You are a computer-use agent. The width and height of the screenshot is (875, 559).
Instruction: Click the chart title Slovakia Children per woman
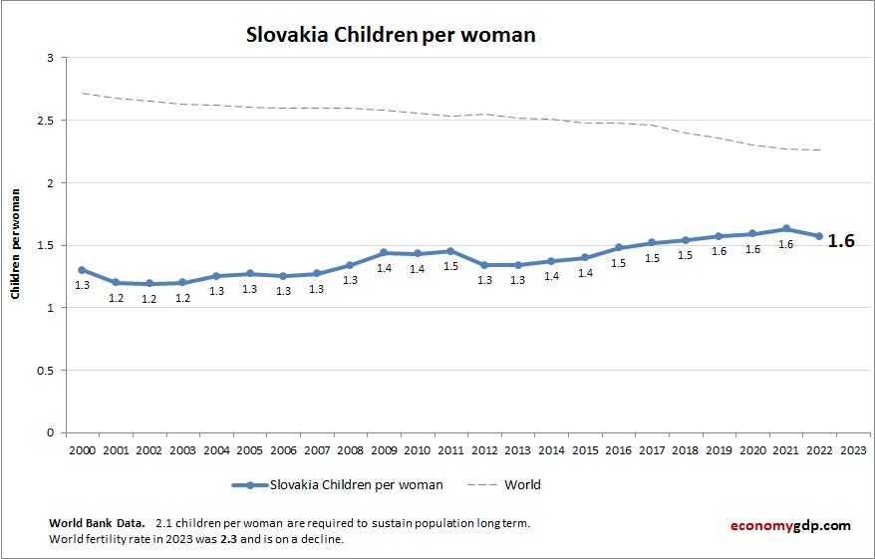point(391,35)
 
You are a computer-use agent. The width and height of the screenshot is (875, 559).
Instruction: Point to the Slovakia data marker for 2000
point(82,270)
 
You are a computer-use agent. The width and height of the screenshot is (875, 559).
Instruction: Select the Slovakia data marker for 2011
point(450,251)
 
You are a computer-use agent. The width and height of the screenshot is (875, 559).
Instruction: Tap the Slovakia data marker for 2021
point(786,229)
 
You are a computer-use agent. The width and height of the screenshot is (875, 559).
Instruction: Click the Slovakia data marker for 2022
point(819,236)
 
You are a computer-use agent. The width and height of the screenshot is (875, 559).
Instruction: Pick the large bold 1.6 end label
point(841,241)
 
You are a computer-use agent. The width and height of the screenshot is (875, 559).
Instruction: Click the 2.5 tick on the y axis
point(46,121)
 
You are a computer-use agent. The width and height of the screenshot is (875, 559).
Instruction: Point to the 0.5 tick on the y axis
point(46,371)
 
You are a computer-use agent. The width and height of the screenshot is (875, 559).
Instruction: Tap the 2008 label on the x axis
point(350,449)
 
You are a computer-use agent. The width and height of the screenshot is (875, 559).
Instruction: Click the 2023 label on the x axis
point(853,449)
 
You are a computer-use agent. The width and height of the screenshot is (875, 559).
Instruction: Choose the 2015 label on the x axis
point(585,449)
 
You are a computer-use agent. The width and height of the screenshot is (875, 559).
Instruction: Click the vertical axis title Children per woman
point(16,245)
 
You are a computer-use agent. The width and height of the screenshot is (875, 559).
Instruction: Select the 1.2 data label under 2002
point(149,299)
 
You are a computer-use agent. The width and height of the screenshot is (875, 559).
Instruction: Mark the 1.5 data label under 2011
point(450,267)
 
